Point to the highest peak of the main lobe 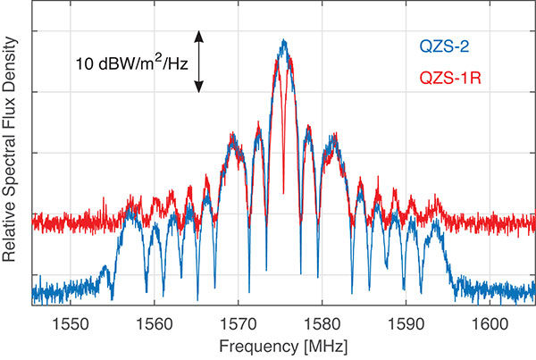pyautogui.click(x=284, y=41)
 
